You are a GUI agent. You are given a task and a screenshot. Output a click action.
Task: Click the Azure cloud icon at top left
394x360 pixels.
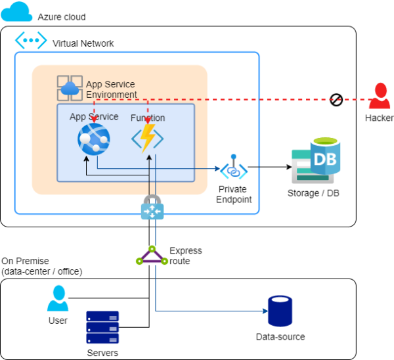point(18,11)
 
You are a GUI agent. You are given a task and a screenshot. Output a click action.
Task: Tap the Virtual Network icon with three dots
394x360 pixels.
point(30,41)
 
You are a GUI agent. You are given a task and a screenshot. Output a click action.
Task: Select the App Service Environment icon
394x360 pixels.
point(69,88)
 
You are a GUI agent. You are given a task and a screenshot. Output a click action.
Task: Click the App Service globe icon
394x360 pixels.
point(93,139)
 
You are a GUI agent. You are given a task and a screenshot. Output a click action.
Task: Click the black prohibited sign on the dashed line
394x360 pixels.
point(336,100)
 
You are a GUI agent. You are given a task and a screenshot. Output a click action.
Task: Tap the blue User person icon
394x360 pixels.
point(58,298)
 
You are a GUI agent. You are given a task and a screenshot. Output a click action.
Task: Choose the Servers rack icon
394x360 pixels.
point(102,327)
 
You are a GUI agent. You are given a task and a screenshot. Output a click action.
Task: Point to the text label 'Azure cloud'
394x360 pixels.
point(62,16)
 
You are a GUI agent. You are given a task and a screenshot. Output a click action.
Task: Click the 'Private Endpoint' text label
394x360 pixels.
point(233,194)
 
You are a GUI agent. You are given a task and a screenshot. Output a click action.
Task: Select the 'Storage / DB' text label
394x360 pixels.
point(313,193)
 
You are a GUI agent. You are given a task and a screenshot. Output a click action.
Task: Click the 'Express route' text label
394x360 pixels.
point(185,256)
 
